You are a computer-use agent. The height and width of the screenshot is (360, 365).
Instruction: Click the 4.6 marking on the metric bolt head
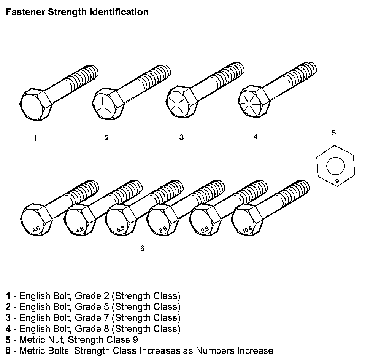pyautogui.click(x=36, y=229)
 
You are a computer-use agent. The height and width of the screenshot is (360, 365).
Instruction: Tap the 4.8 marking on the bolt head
pyautogui.click(x=80, y=230)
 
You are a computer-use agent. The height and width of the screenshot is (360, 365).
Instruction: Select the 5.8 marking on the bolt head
pyautogui.click(x=121, y=229)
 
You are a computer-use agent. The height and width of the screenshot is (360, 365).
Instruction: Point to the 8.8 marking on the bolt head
pyautogui.click(x=163, y=229)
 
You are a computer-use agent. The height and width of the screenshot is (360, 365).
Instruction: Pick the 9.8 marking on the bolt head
pyautogui.click(x=205, y=230)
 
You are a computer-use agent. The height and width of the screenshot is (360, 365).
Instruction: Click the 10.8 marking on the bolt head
pyautogui.click(x=247, y=229)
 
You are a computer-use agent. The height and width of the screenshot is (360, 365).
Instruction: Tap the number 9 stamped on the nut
pyautogui.click(x=337, y=181)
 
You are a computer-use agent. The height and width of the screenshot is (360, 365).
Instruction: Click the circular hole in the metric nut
pyautogui.click(x=335, y=166)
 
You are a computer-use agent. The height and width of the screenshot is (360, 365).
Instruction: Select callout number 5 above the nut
pyautogui.click(x=334, y=133)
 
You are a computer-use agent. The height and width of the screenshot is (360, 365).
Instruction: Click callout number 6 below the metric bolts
pyautogui.click(x=142, y=248)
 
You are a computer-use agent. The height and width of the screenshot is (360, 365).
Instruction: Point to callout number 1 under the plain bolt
pyautogui.click(x=35, y=139)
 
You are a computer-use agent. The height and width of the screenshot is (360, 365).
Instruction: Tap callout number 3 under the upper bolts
pyautogui.click(x=182, y=137)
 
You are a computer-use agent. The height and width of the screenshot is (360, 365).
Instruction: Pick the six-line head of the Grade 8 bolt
pyautogui.click(x=250, y=102)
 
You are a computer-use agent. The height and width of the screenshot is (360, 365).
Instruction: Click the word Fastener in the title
pyautogui.click(x=25, y=12)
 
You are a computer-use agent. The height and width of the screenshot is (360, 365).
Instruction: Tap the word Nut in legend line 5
pyautogui.click(x=55, y=340)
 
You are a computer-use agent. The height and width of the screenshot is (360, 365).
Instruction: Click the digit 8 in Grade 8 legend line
pyautogui.click(x=106, y=329)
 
